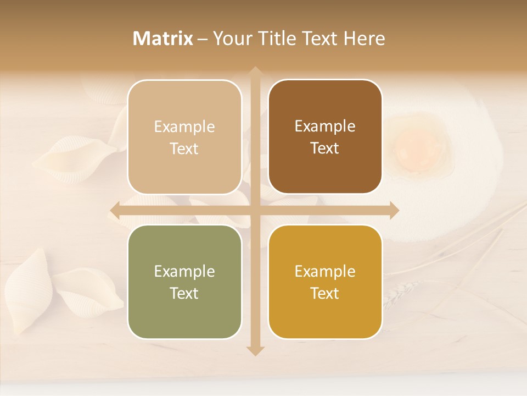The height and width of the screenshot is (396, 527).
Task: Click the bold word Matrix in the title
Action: point(163,38)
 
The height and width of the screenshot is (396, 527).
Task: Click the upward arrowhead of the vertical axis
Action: point(255,71)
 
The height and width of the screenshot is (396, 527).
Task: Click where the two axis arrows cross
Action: point(255,210)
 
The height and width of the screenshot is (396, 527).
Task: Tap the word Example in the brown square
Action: point(325,126)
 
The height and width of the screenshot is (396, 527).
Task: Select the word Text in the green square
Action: point(184,293)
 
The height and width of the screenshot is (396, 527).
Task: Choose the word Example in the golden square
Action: point(325,271)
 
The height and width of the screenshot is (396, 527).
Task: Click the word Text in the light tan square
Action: point(184,148)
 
